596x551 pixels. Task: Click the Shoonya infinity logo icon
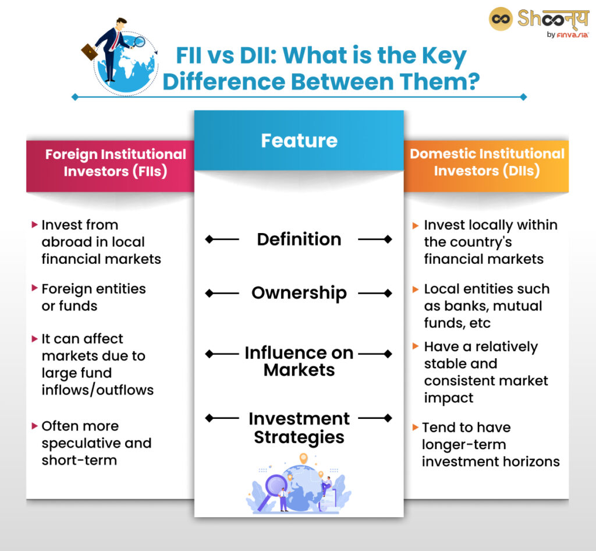(x=500, y=19)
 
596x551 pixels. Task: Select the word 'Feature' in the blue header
(x=299, y=140)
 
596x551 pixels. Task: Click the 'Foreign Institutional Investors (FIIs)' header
(x=115, y=163)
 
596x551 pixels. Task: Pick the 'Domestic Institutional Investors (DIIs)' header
(x=487, y=162)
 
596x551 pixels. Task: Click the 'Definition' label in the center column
(x=299, y=239)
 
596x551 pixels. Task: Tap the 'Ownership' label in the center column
(x=299, y=293)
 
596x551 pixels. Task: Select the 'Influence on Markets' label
(x=299, y=361)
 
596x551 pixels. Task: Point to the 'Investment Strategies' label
(x=299, y=428)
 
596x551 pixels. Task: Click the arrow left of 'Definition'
(x=222, y=239)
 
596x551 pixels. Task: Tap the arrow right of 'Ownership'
(x=375, y=293)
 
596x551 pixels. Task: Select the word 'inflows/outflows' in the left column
(x=98, y=390)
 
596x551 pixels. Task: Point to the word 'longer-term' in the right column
(x=456, y=444)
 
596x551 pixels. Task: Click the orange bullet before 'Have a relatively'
(x=416, y=347)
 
